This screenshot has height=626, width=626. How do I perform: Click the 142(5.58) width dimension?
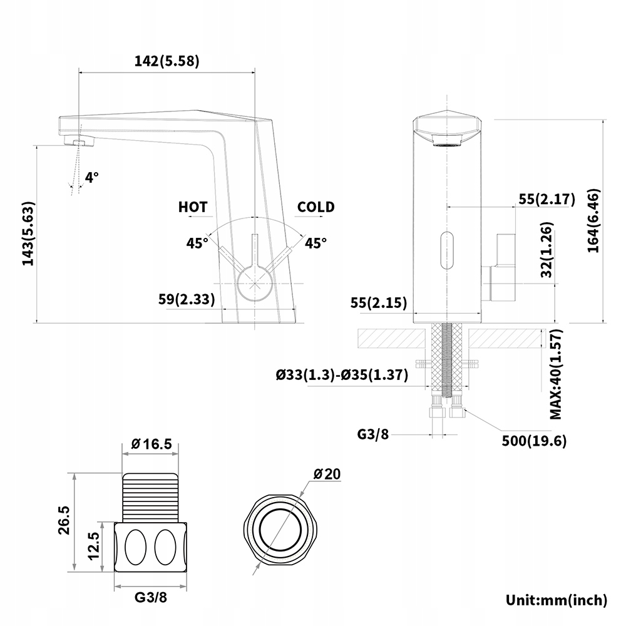coord(167,61)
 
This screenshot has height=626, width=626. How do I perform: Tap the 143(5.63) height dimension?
coord(28,233)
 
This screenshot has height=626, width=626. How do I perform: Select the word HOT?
coord(193,207)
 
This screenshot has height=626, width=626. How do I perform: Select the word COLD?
coord(316,207)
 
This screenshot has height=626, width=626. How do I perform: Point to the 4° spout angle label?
coord(92,177)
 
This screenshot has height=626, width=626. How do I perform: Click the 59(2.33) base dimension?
coord(187,299)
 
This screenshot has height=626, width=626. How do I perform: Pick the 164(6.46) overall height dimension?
coord(593,221)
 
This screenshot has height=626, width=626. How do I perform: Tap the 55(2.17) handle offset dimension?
coord(547,199)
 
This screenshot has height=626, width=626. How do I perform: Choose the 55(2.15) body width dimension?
coord(379,302)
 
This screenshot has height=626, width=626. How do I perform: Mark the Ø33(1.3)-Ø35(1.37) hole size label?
coord(342,374)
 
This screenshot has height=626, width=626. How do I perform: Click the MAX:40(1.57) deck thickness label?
coord(556,374)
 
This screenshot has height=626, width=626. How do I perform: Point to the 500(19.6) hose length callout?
coord(534,441)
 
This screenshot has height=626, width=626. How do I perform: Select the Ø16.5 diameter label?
coord(151,444)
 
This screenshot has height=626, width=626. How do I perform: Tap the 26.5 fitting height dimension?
coord(64,520)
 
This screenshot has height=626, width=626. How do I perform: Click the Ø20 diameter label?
coord(327,474)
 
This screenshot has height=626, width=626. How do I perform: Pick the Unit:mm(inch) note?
coord(557,600)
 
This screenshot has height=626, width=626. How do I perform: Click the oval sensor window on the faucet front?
coord(447,251)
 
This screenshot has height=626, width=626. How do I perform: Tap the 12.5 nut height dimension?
coord(94,546)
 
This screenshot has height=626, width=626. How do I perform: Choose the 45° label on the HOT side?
coord(197,243)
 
